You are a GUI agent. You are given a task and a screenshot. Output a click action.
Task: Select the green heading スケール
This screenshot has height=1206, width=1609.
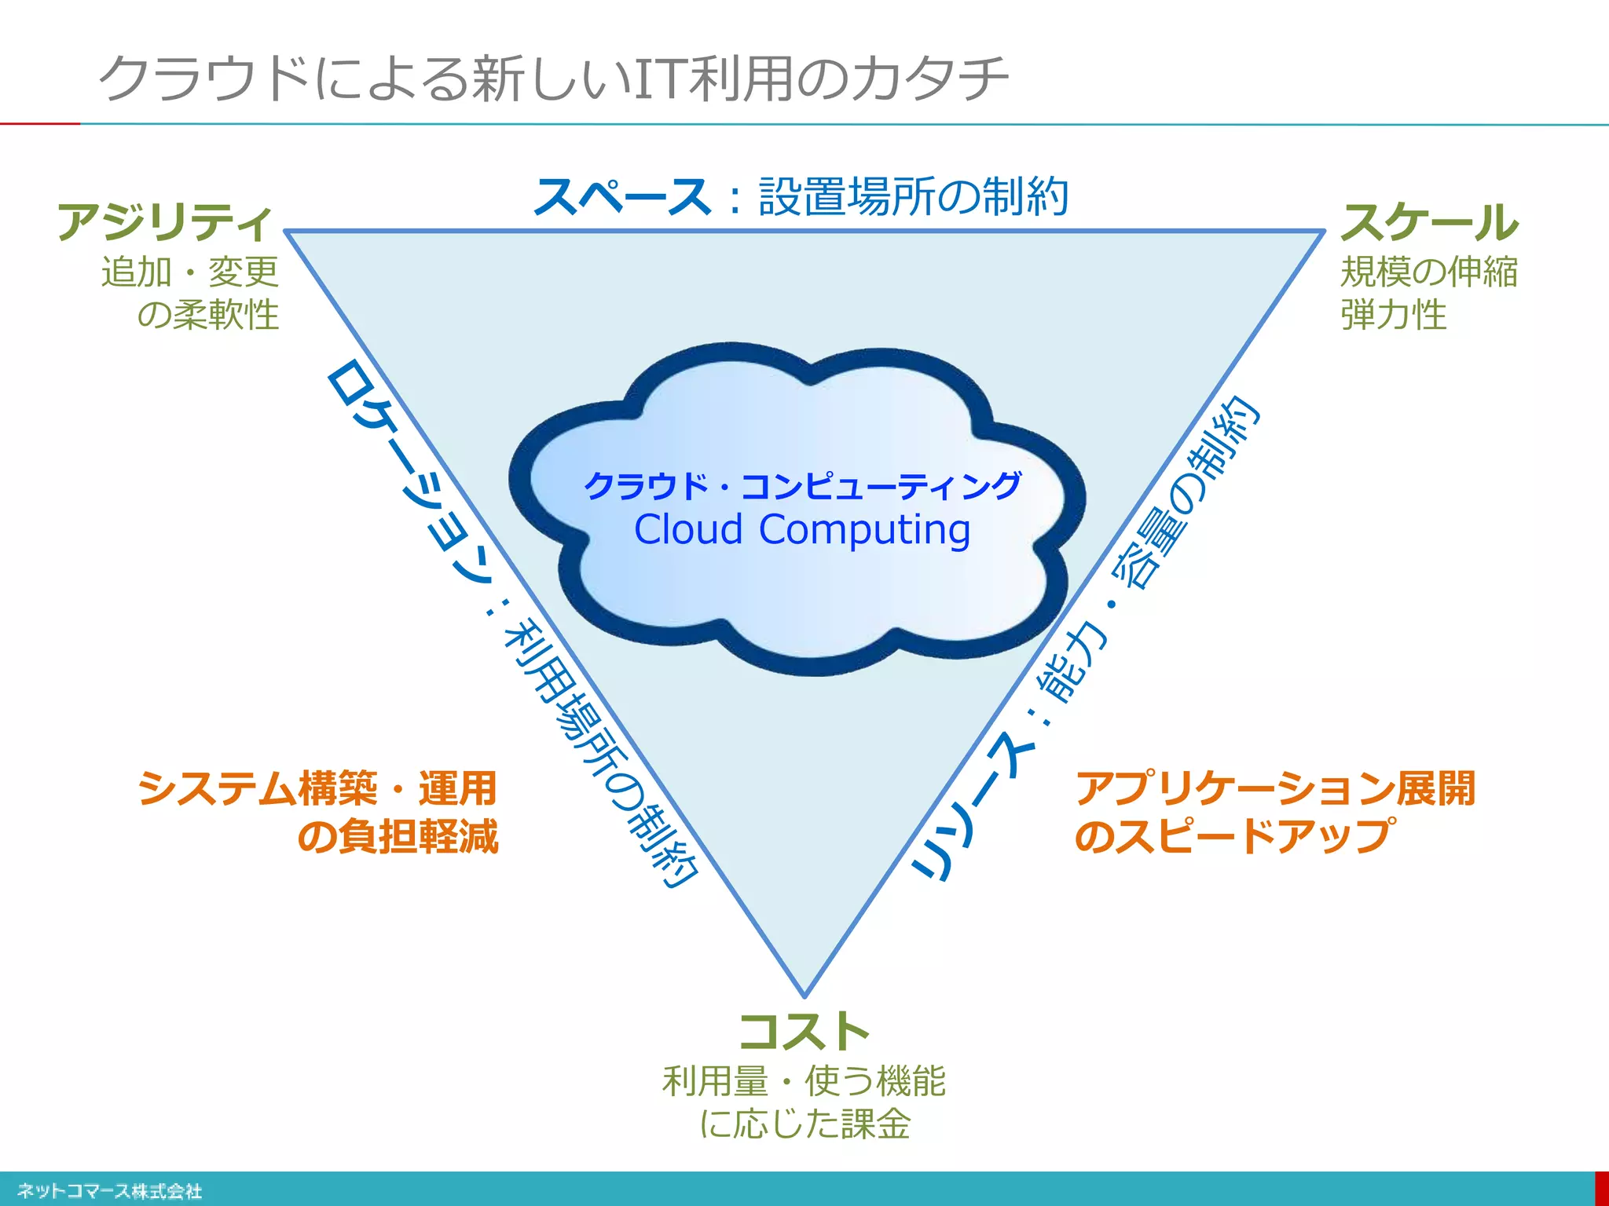coord(1429,222)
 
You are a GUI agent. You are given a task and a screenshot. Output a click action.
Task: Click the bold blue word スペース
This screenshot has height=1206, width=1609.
coord(622,196)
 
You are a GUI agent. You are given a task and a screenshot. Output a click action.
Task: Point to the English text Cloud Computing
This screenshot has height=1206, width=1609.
coord(802,529)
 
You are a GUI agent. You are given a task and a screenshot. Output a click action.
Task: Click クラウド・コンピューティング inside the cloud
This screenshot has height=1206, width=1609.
coord(802,486)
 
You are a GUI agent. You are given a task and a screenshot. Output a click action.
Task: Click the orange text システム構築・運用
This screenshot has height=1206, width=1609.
coord(317,788)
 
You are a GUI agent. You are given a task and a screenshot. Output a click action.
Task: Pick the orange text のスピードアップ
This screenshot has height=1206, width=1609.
coord(1235,835)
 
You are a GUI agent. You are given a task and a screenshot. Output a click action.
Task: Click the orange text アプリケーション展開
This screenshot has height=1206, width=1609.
coord(1275,788)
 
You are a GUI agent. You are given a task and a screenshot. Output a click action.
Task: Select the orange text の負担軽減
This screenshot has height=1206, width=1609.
coord(398,835)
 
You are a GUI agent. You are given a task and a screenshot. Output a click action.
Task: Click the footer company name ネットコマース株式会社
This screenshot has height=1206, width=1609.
coord(109,1191)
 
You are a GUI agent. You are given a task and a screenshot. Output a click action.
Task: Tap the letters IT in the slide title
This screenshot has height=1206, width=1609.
coord(658,79)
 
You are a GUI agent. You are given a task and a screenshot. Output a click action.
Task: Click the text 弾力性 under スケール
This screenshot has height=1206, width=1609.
coord(1393,315)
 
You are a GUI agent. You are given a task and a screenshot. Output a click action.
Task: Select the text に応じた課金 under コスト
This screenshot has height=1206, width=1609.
coord(804,1124)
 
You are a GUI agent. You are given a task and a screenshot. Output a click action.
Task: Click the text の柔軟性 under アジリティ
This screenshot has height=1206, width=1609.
coord(208,315)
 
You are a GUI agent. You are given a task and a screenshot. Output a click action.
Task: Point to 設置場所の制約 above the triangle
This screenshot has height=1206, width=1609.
coord(913,196)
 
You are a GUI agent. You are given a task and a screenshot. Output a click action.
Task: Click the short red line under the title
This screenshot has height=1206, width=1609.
coord(39,123)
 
